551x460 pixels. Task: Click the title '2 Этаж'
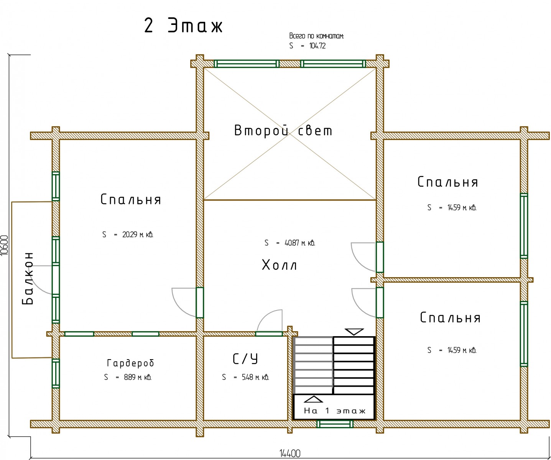point(183,26)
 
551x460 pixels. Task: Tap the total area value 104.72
point(317,46)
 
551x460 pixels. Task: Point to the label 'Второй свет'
point(283,131)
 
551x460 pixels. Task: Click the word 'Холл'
point(280,265)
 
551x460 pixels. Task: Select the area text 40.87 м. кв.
point(300,243)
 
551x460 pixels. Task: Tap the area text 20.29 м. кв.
point(138,235)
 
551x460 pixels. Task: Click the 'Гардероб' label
point(130,363)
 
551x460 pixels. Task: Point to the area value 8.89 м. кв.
point(138,377)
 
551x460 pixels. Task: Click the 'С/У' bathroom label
point(245,359)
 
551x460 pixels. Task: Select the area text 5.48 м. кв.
point(255,378)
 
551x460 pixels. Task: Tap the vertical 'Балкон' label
point(28,278)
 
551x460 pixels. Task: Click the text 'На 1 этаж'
point(335,411)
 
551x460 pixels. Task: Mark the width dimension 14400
point(290,453)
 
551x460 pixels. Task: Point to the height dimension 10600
point(5,245)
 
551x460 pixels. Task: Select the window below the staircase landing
point(335,424)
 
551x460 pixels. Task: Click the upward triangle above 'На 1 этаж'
point(313,399)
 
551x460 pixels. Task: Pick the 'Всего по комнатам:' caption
point(316,36)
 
